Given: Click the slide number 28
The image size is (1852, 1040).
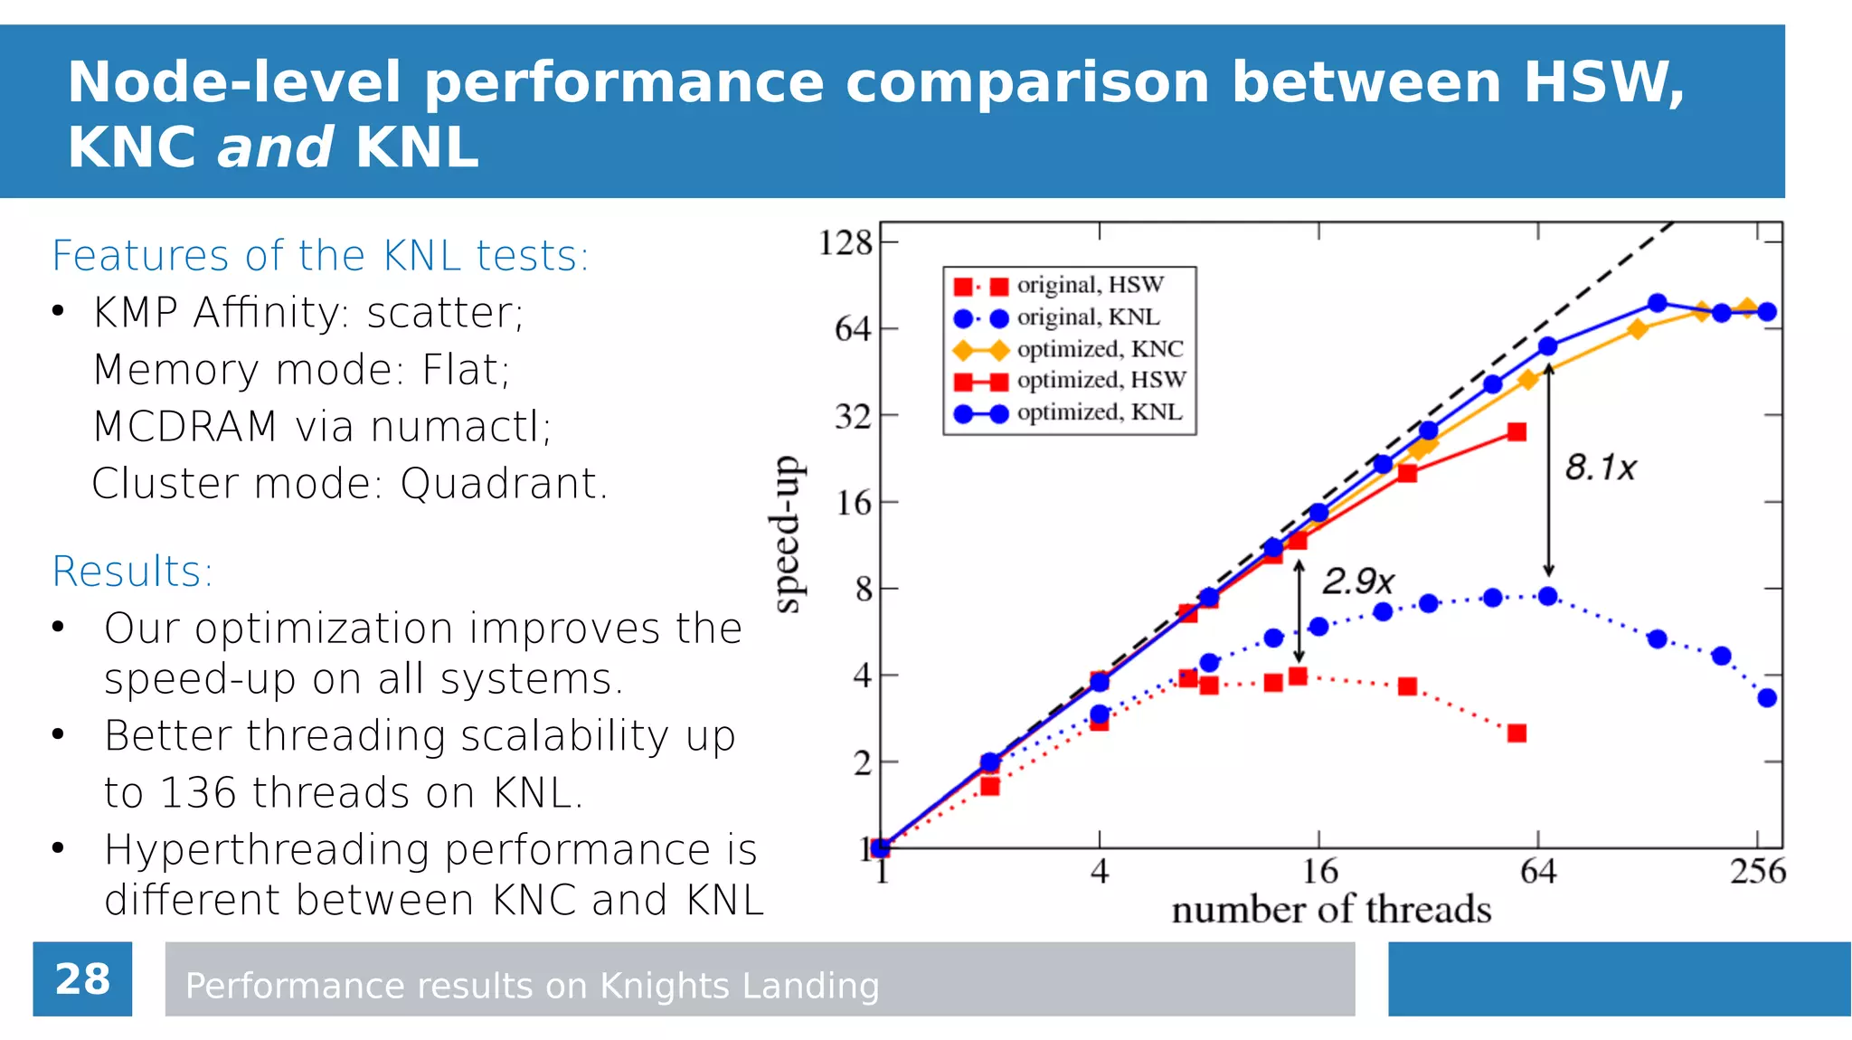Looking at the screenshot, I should (x=82, y=979).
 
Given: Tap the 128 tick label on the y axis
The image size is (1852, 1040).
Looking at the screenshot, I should (x=845, y=242).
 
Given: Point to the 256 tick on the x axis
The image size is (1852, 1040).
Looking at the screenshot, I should (x=1757, y=871).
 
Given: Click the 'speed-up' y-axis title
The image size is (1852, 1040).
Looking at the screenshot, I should (x=787, y=534).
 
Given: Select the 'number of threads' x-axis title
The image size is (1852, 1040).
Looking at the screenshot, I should (x=1331, y=910).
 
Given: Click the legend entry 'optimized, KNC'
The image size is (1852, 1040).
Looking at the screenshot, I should (x=1100, y=349).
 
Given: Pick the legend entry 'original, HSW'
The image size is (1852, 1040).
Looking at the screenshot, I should (x=1090, y=285).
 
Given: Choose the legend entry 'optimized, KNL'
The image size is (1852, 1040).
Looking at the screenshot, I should (x=1100, y=412).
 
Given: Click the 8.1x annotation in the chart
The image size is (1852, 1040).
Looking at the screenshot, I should (x=1601, y=468).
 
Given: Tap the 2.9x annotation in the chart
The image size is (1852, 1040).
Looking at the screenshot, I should (x=1358, y=581).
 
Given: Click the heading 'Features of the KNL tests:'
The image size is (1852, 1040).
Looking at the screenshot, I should (x=320, y=256).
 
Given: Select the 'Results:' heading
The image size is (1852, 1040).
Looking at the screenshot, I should (x=132, y=572).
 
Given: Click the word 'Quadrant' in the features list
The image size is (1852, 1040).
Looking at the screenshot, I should (x=498, y=484).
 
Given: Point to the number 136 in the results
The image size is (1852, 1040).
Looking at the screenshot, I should (x=198, y=793).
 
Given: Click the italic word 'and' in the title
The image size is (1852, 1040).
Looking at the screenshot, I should (x=275, y=147).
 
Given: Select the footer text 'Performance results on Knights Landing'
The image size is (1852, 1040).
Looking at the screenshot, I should (x=532, y=986).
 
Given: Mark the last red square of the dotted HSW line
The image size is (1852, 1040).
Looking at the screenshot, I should (x=1517, y=733).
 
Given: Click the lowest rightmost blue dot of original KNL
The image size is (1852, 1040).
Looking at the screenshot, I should (x=1767, y=698).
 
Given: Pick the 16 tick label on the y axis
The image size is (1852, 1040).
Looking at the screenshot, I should (x=853, y=503).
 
